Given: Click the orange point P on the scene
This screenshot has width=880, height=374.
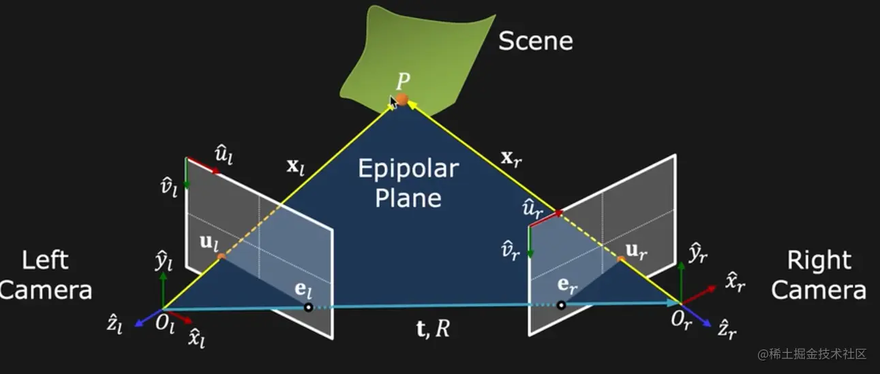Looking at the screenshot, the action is pos(402,99).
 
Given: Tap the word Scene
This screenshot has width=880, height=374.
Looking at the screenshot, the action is pos(535,42).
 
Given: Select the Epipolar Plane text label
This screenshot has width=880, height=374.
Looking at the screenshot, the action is pos(409,183).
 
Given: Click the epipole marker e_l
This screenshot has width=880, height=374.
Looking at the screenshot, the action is pos(308,307).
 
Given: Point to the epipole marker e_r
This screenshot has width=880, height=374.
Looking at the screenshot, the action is pos(561,305).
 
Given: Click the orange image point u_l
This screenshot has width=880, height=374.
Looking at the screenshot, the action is pos(221,257).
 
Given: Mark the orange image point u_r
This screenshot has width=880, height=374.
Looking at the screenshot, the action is pos(620,259).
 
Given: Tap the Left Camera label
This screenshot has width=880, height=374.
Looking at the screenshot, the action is pos(46,275).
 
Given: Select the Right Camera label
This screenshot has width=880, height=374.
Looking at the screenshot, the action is pos(819,275).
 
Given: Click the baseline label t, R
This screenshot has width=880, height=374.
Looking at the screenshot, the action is pos(433,328).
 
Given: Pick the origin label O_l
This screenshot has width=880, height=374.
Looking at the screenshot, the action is pos(165,323).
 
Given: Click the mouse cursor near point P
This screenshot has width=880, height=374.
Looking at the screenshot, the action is pos(393,103).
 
